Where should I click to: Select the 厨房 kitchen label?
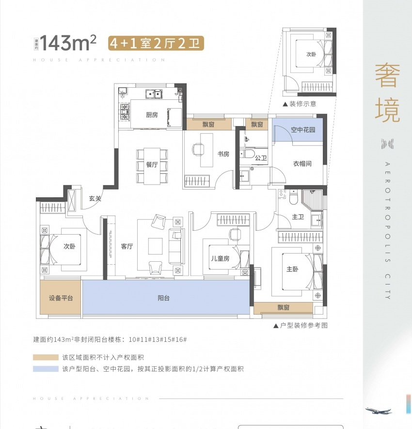click(x=152, y=115)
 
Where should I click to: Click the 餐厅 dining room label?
click(x=152, y=164)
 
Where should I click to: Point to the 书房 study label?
click(x=223, y=154)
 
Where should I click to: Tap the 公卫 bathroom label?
click(x=261, y=158)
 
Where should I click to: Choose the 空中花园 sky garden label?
click(x=303, y=130)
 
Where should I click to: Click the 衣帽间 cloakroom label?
click(x=302, y=164)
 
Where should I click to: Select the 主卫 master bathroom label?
click(x=298, y=217)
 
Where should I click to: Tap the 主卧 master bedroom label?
click(x=292, y=270)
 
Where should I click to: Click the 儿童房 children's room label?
click(x=220, y=259)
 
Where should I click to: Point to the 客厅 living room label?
click(x=127, y=246)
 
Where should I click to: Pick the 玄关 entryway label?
click(x=95, y=198)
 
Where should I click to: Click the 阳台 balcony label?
click(x=164, y=298)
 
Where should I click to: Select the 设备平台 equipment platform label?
click(x=61, y=298)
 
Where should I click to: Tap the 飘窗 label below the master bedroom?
click(x=284, y=307)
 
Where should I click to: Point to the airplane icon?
click(x=378, y=411)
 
